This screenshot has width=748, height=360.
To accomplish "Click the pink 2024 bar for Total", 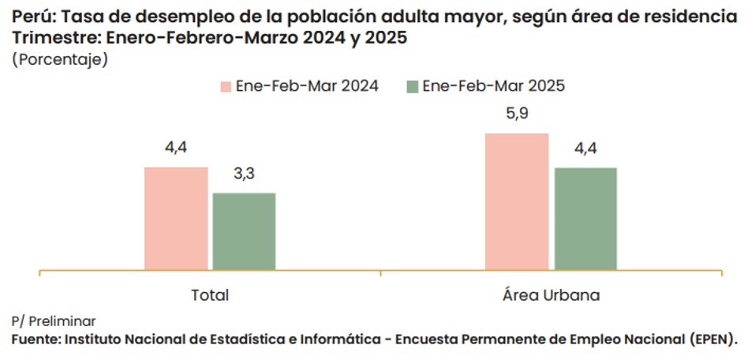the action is pyautogui.click(x=176, y=219).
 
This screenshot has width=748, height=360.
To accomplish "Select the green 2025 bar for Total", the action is pyautogui.click(x=245, y=231).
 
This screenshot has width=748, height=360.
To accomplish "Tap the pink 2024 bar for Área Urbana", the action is pyautogui.click(x=517, y=201).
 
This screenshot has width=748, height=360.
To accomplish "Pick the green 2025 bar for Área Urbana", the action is pyautogui.click(x=585, y=219).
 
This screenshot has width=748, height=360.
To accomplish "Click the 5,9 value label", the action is pyautogui.click(x=517, y=114).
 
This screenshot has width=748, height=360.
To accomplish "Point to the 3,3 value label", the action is pyautogui.click(x=245, y=174).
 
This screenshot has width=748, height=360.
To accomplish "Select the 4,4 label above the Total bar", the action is pyautogui.click(x=176, y=148).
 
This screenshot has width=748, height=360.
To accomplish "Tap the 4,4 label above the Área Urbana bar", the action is pyautogui.click(x=585, y=148).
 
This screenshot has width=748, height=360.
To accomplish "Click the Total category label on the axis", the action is pyautogui.click(x=210, y=295).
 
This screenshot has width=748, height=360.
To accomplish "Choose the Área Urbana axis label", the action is pyautogui.click(x=551, y=295).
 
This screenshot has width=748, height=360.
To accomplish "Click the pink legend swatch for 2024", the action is pyautogui.click(x=226, y=87).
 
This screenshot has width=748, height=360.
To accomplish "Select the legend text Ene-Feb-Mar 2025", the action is pyautogui.click(x=494, y=86).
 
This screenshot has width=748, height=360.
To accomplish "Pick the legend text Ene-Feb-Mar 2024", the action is pyautogui.click(x=308, y=86).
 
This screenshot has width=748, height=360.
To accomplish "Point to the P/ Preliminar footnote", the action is pyautogui.click(x=54, y=321).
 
